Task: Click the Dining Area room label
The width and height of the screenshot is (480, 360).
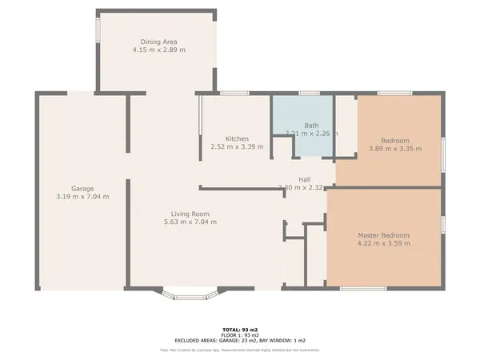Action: [158, 42]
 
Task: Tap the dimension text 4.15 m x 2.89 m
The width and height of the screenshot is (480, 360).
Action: [158, 50]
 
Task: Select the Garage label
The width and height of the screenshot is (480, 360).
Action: [82, 189]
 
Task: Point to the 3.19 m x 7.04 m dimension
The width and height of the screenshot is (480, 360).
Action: [82, 197]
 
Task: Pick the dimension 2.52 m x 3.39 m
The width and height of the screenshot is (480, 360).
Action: [236, 146]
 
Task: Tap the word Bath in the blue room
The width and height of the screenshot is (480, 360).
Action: [311, 126]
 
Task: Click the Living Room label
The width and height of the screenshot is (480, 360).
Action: [190, 214]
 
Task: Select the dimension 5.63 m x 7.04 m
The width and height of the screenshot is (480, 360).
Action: [190, 222]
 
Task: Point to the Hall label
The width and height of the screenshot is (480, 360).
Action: [304, 179]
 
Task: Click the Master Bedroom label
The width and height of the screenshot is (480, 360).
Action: [383, 235]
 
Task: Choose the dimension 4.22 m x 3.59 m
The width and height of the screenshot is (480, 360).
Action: [383, 243]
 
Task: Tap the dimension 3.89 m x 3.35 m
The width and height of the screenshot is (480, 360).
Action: [389, 148]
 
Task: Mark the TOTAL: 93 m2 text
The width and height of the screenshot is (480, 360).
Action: [240, 329]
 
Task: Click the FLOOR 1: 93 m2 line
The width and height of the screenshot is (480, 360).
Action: [240, 334]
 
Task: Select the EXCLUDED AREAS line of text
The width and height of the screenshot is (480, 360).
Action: [240, 340]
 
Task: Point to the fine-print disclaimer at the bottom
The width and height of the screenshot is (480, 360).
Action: [240, 350]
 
